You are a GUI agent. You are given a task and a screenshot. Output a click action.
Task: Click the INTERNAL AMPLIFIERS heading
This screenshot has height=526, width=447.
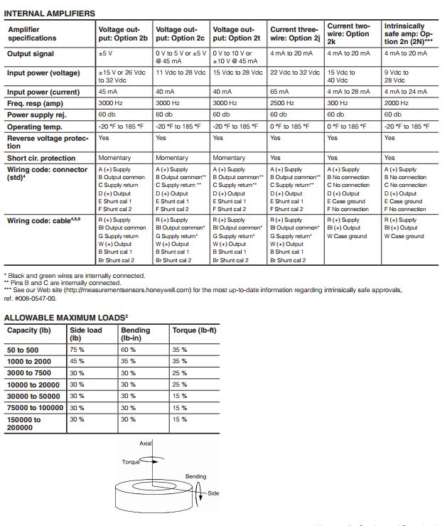[x=50, y=13]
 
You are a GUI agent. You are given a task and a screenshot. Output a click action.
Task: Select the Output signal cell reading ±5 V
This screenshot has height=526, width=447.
[x=107, y=54]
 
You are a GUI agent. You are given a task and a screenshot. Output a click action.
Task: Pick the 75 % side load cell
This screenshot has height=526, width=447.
[x=77, y=350]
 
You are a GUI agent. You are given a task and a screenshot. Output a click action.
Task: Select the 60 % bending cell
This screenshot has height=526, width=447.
[x=129, y=350]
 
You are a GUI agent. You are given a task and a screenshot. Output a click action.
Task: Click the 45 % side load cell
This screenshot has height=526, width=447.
[x=77, y=361]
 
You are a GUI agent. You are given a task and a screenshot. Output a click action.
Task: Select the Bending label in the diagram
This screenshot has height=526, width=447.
[x=196, y=476]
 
